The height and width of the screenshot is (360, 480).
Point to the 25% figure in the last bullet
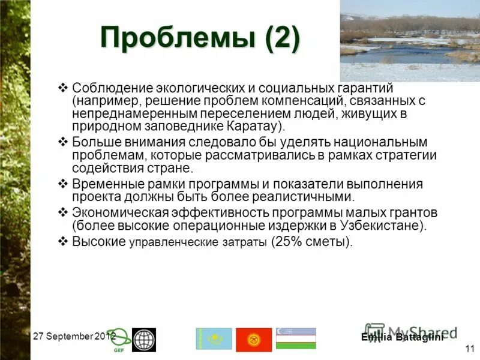(290, 242)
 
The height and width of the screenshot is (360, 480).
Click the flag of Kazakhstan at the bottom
(214, 339)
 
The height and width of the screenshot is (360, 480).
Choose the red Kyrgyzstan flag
(254, 340)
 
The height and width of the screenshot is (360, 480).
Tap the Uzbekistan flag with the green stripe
(296, 339)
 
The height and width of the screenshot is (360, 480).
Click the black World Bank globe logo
(144, 340)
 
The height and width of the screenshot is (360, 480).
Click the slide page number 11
(468, 348)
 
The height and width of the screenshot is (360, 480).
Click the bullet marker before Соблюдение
(63, 88)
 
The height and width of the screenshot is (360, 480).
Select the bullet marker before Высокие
(63, 241)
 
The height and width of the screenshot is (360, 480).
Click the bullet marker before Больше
(63, 142)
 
